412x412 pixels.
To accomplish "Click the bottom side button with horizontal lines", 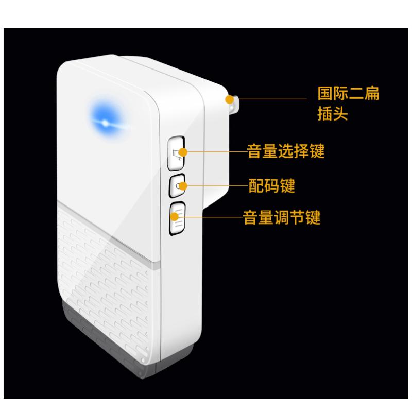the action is point(176,218).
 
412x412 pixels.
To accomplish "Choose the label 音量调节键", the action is point(282,218).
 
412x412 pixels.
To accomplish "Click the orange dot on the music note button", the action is point(181,151).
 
